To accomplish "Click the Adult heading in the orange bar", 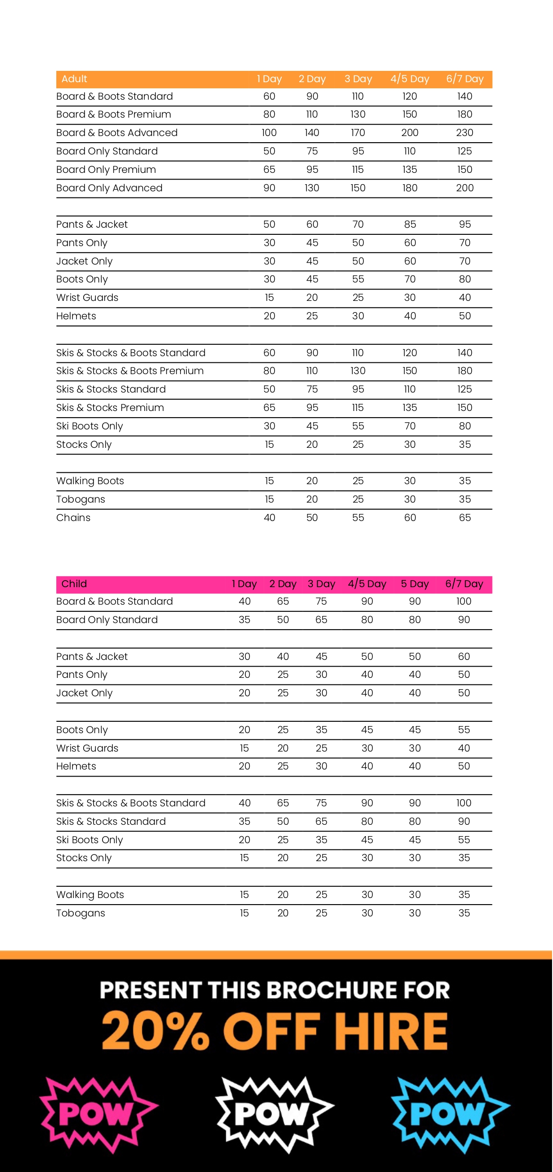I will [74, 79].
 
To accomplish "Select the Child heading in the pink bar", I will [74, 584].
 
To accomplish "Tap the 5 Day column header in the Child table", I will [415, 584].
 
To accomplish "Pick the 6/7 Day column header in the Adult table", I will [465, 79].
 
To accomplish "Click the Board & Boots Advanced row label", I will [117, 133].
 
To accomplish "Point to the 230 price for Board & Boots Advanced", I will [465, 133].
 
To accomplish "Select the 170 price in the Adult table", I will [358, 133].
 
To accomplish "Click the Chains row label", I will [73, 518].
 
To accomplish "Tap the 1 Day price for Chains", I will [269, 518].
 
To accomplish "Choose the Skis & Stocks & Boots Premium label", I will [130, 371].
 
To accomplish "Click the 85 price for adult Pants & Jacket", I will [410, 224].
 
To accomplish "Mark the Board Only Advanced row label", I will [109, 188].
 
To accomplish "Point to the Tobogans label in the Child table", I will [81, 913].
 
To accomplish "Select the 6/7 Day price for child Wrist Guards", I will [464, 748].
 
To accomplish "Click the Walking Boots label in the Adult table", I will [90, 481].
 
